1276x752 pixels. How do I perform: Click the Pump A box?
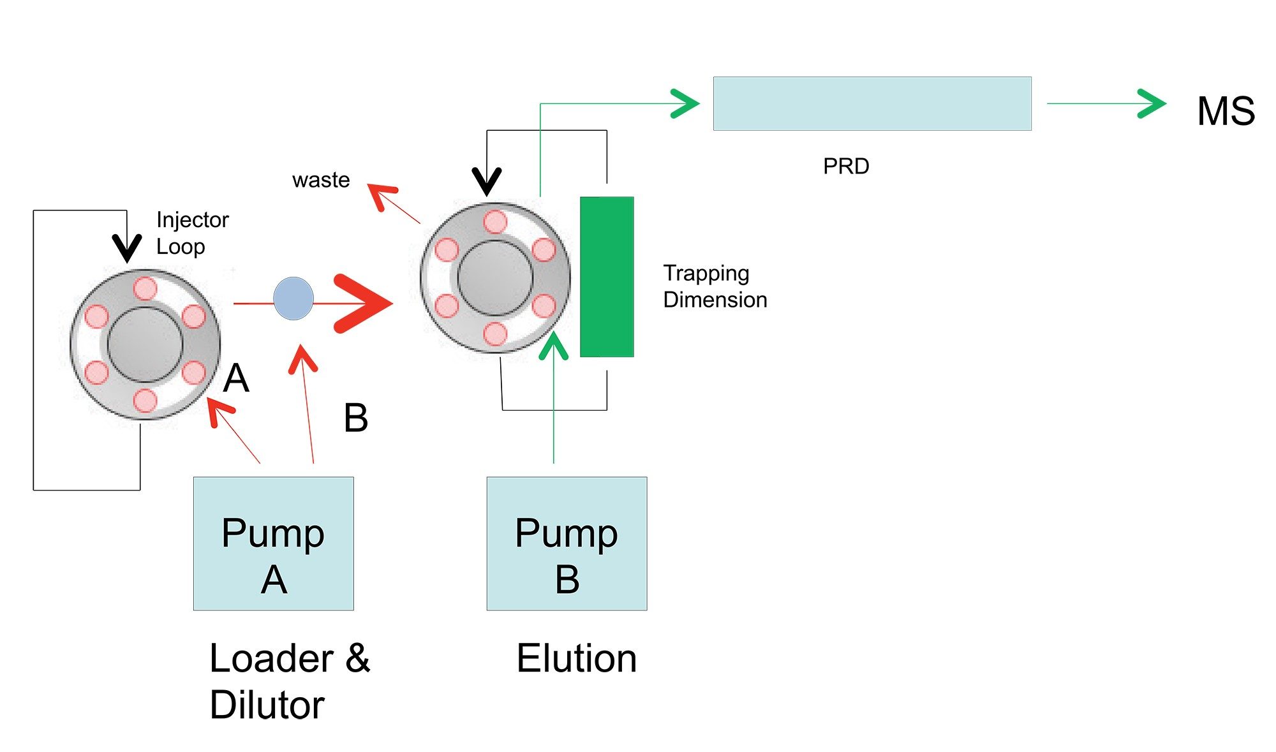273,543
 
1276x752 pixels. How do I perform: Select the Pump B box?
567,543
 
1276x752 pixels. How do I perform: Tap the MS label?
1226,111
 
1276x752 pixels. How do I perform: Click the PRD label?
846,166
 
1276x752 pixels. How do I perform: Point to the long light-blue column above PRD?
872,103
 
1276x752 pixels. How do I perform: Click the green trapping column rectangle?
607,277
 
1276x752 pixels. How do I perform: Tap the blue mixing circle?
293,298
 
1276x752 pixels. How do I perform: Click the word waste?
321,180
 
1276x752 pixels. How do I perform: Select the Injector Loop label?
192,233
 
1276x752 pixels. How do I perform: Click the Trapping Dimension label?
715,286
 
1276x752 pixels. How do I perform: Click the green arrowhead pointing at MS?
1152,103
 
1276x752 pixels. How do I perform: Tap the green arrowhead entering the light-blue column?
685,103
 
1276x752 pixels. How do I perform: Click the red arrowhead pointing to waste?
382,196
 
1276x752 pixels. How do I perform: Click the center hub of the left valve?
145,344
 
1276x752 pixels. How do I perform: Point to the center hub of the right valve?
495,278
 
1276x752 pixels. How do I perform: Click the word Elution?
577,658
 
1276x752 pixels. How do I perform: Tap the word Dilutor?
267,705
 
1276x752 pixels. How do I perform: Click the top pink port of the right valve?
495,223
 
